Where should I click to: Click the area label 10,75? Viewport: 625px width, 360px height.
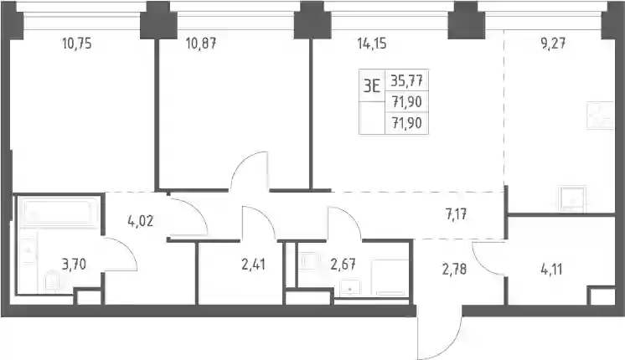click(77, 43)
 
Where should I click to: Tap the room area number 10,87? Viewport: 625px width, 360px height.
click(201, 43)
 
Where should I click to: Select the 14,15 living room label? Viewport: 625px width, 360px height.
click(372, 43)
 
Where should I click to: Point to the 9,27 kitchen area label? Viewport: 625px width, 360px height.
click(553, 43)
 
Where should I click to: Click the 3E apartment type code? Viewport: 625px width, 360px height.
click(371, 85)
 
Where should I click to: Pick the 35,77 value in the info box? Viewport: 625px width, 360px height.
click(406, 81)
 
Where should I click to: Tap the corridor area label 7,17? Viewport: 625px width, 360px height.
click(456, 214)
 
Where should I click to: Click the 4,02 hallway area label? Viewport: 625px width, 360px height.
click(140, 221)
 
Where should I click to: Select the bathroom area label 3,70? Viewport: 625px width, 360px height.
click(74, 264)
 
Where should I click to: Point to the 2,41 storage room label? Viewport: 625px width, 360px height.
click(253, 264)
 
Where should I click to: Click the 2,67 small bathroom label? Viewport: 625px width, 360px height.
click(343, 264)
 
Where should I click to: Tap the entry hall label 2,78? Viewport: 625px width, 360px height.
click(454, 270)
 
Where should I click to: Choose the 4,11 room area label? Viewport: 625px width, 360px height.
click(551, 270)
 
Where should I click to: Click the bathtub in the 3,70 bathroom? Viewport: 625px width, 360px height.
click(58, 213)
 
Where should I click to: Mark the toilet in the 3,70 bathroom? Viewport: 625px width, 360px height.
click(51, 280)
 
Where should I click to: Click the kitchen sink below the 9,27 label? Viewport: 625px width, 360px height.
click(573, 198)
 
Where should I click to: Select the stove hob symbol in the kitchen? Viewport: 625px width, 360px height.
click(600, 116)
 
